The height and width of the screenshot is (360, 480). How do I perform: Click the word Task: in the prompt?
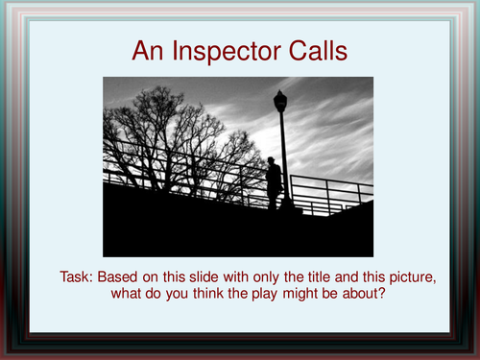[x=79, y=277]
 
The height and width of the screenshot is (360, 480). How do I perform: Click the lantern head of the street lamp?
[x=280, y=100]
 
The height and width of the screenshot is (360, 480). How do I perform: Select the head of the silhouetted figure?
[x=273, y=162]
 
